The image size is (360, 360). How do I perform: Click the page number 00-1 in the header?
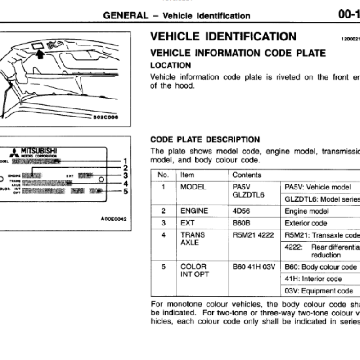pyautogui.click(x=349, y=15)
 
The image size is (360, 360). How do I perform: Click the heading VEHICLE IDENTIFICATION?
pyautogui.click(x=223, y=36)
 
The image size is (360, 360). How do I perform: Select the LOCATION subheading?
pyautogui.click(x=170, y=65)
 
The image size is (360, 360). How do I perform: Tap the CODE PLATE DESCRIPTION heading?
pyautogui.click(x=205, y=139)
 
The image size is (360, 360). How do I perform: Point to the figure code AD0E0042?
pyautogui.click(x=114, y=219)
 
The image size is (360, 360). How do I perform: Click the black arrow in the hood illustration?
pyautogui.click(x=40, y=54)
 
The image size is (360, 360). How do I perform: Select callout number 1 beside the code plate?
pyautogui.click(x=126, y=161)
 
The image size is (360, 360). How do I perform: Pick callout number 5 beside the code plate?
pyautogui.click(x=126, y=191)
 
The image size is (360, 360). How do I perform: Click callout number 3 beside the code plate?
pyautogui.click(x=126, y=175)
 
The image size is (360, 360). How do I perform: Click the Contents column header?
pyautogui.click(x=247, y=175)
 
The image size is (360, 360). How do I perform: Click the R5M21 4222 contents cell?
pyautogui.click(x=253, y=235)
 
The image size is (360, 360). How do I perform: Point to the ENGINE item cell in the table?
pyautogui.click(x=194, y=211)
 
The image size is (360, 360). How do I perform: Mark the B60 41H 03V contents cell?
pyautogui.click(x=254, y=267)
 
